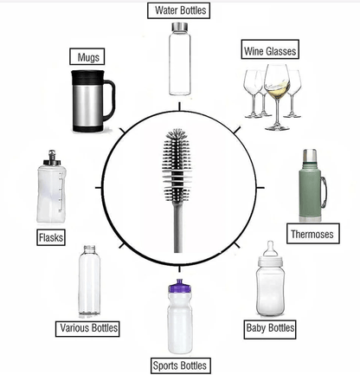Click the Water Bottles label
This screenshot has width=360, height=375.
click(x=180, y=11)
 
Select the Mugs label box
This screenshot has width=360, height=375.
click(x=88, y=57)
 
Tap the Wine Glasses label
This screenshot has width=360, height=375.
click(x=269, y=51)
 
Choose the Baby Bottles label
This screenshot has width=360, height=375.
click(x=269, y=328)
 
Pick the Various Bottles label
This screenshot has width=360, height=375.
click(x=87, y=328)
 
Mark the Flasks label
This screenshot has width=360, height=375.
click(x=49, y=236)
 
